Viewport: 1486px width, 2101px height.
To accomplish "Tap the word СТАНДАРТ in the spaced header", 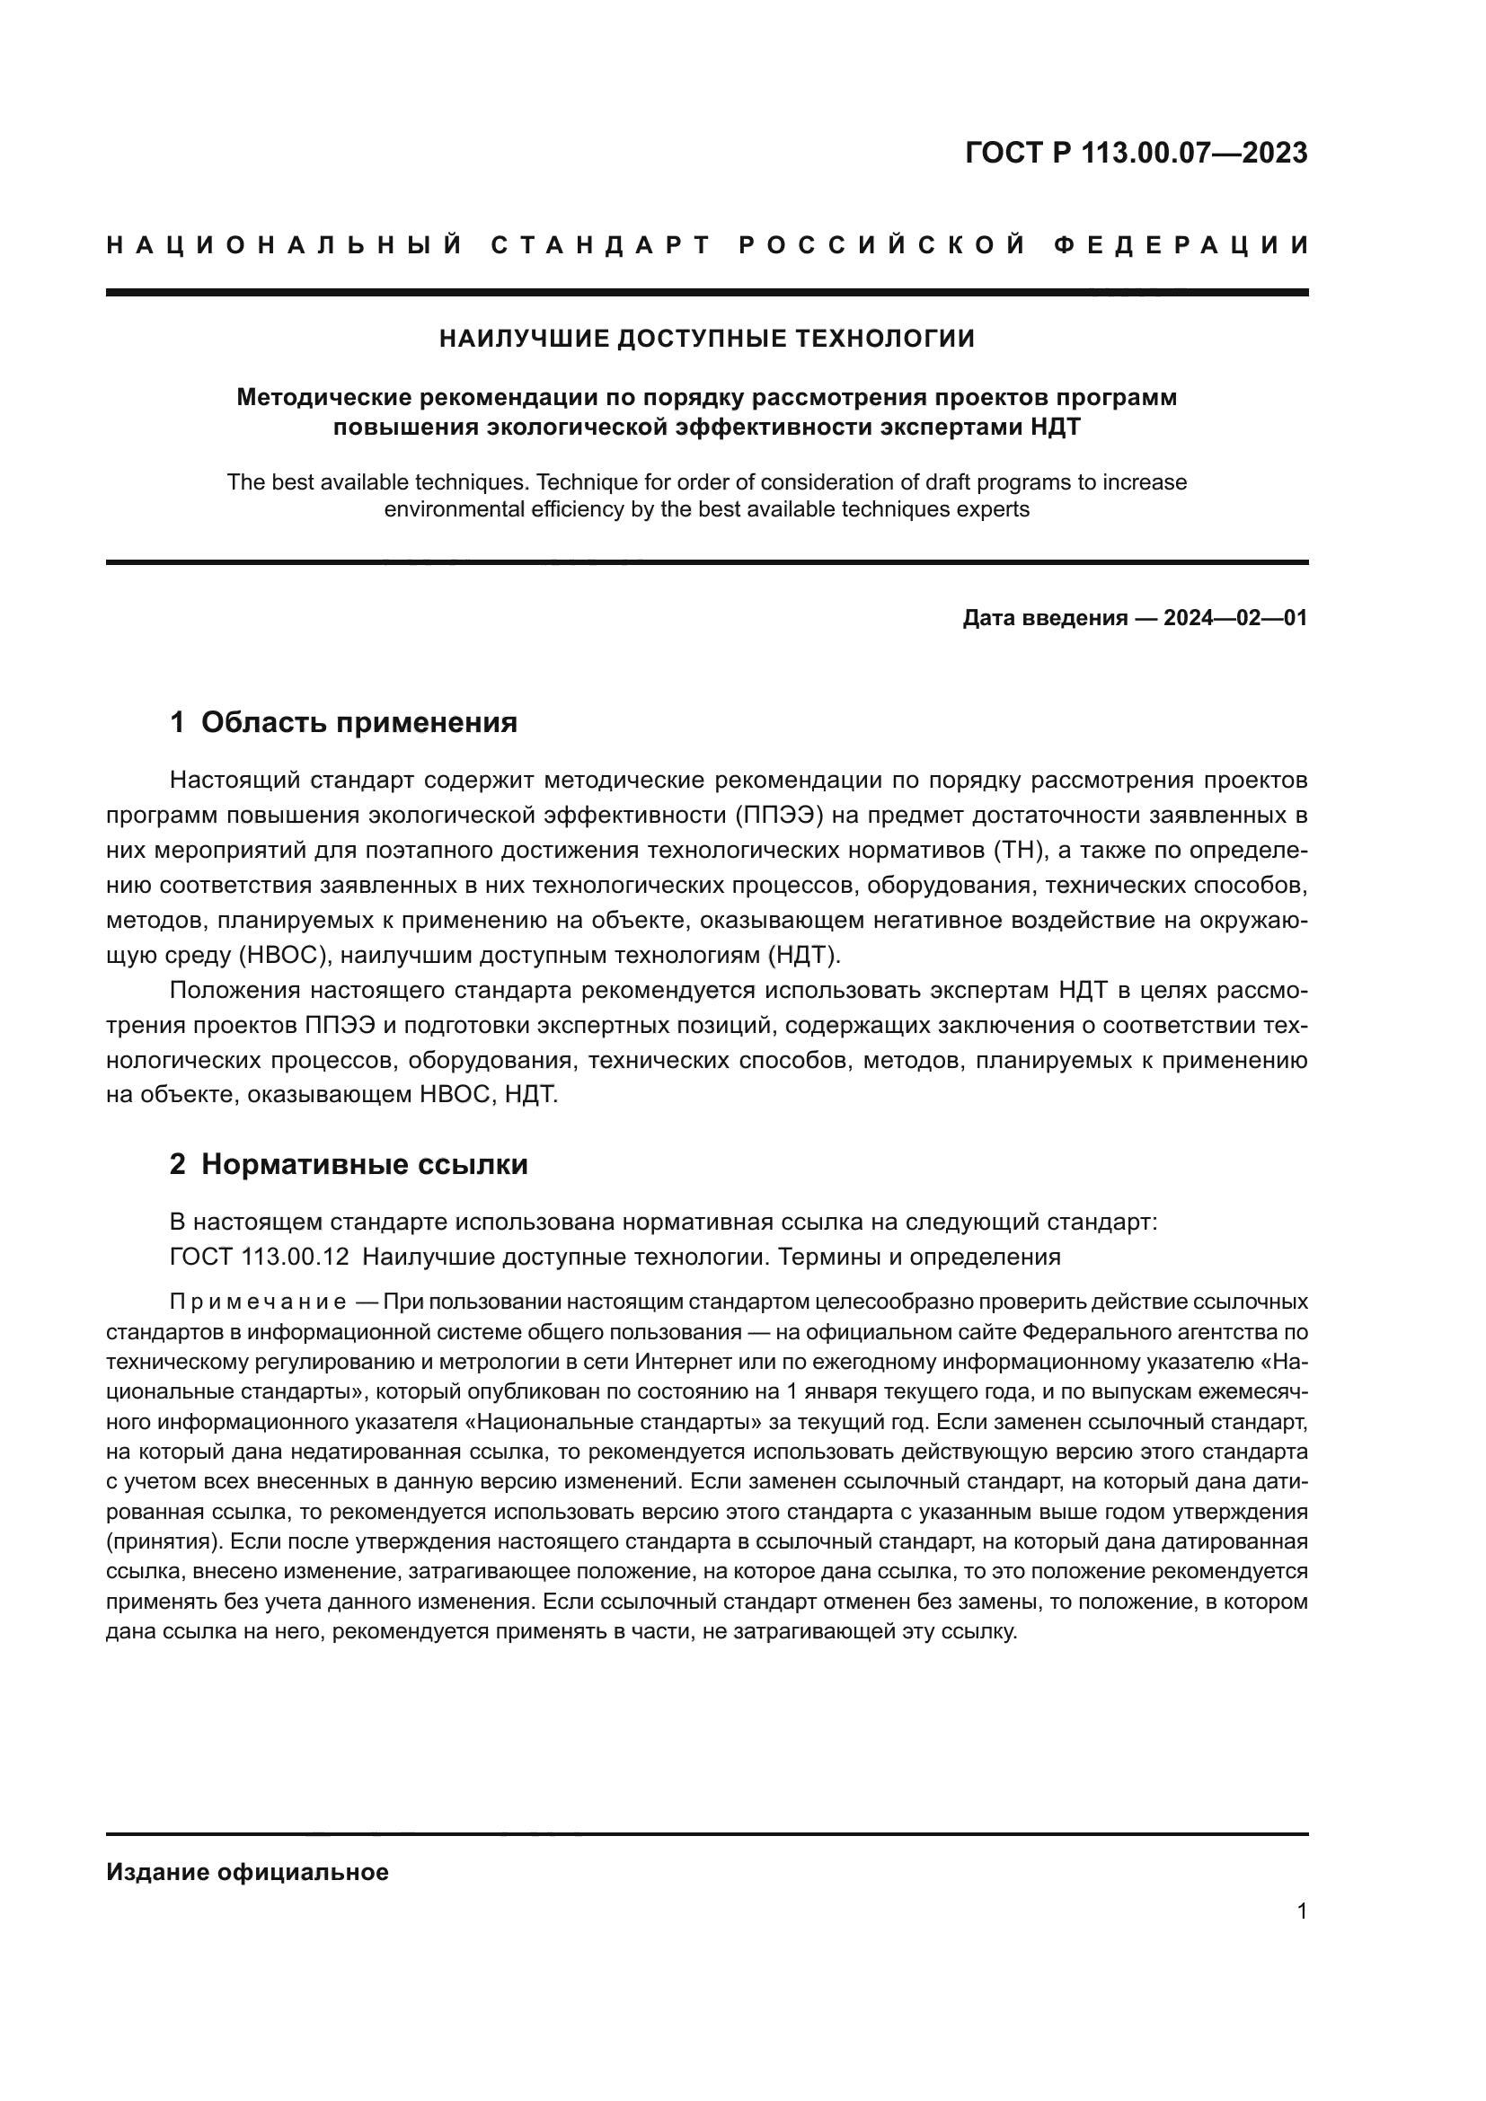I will (601, 245).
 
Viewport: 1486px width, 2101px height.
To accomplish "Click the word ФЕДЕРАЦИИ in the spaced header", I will (1181, 245).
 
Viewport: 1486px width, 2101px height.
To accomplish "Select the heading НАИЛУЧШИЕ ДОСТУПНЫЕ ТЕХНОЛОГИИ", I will (706, 339).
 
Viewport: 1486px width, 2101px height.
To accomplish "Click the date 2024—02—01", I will (1235, 618).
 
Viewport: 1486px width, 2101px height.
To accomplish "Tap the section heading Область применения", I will (358, 722).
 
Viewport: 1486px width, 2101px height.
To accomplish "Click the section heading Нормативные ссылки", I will (364, 1164).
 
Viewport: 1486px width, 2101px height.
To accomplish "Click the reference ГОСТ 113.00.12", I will (259, 1257).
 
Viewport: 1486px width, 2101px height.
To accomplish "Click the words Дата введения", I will (1044, 618).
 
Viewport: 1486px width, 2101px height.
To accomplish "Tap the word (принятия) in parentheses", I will (163, 1541).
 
